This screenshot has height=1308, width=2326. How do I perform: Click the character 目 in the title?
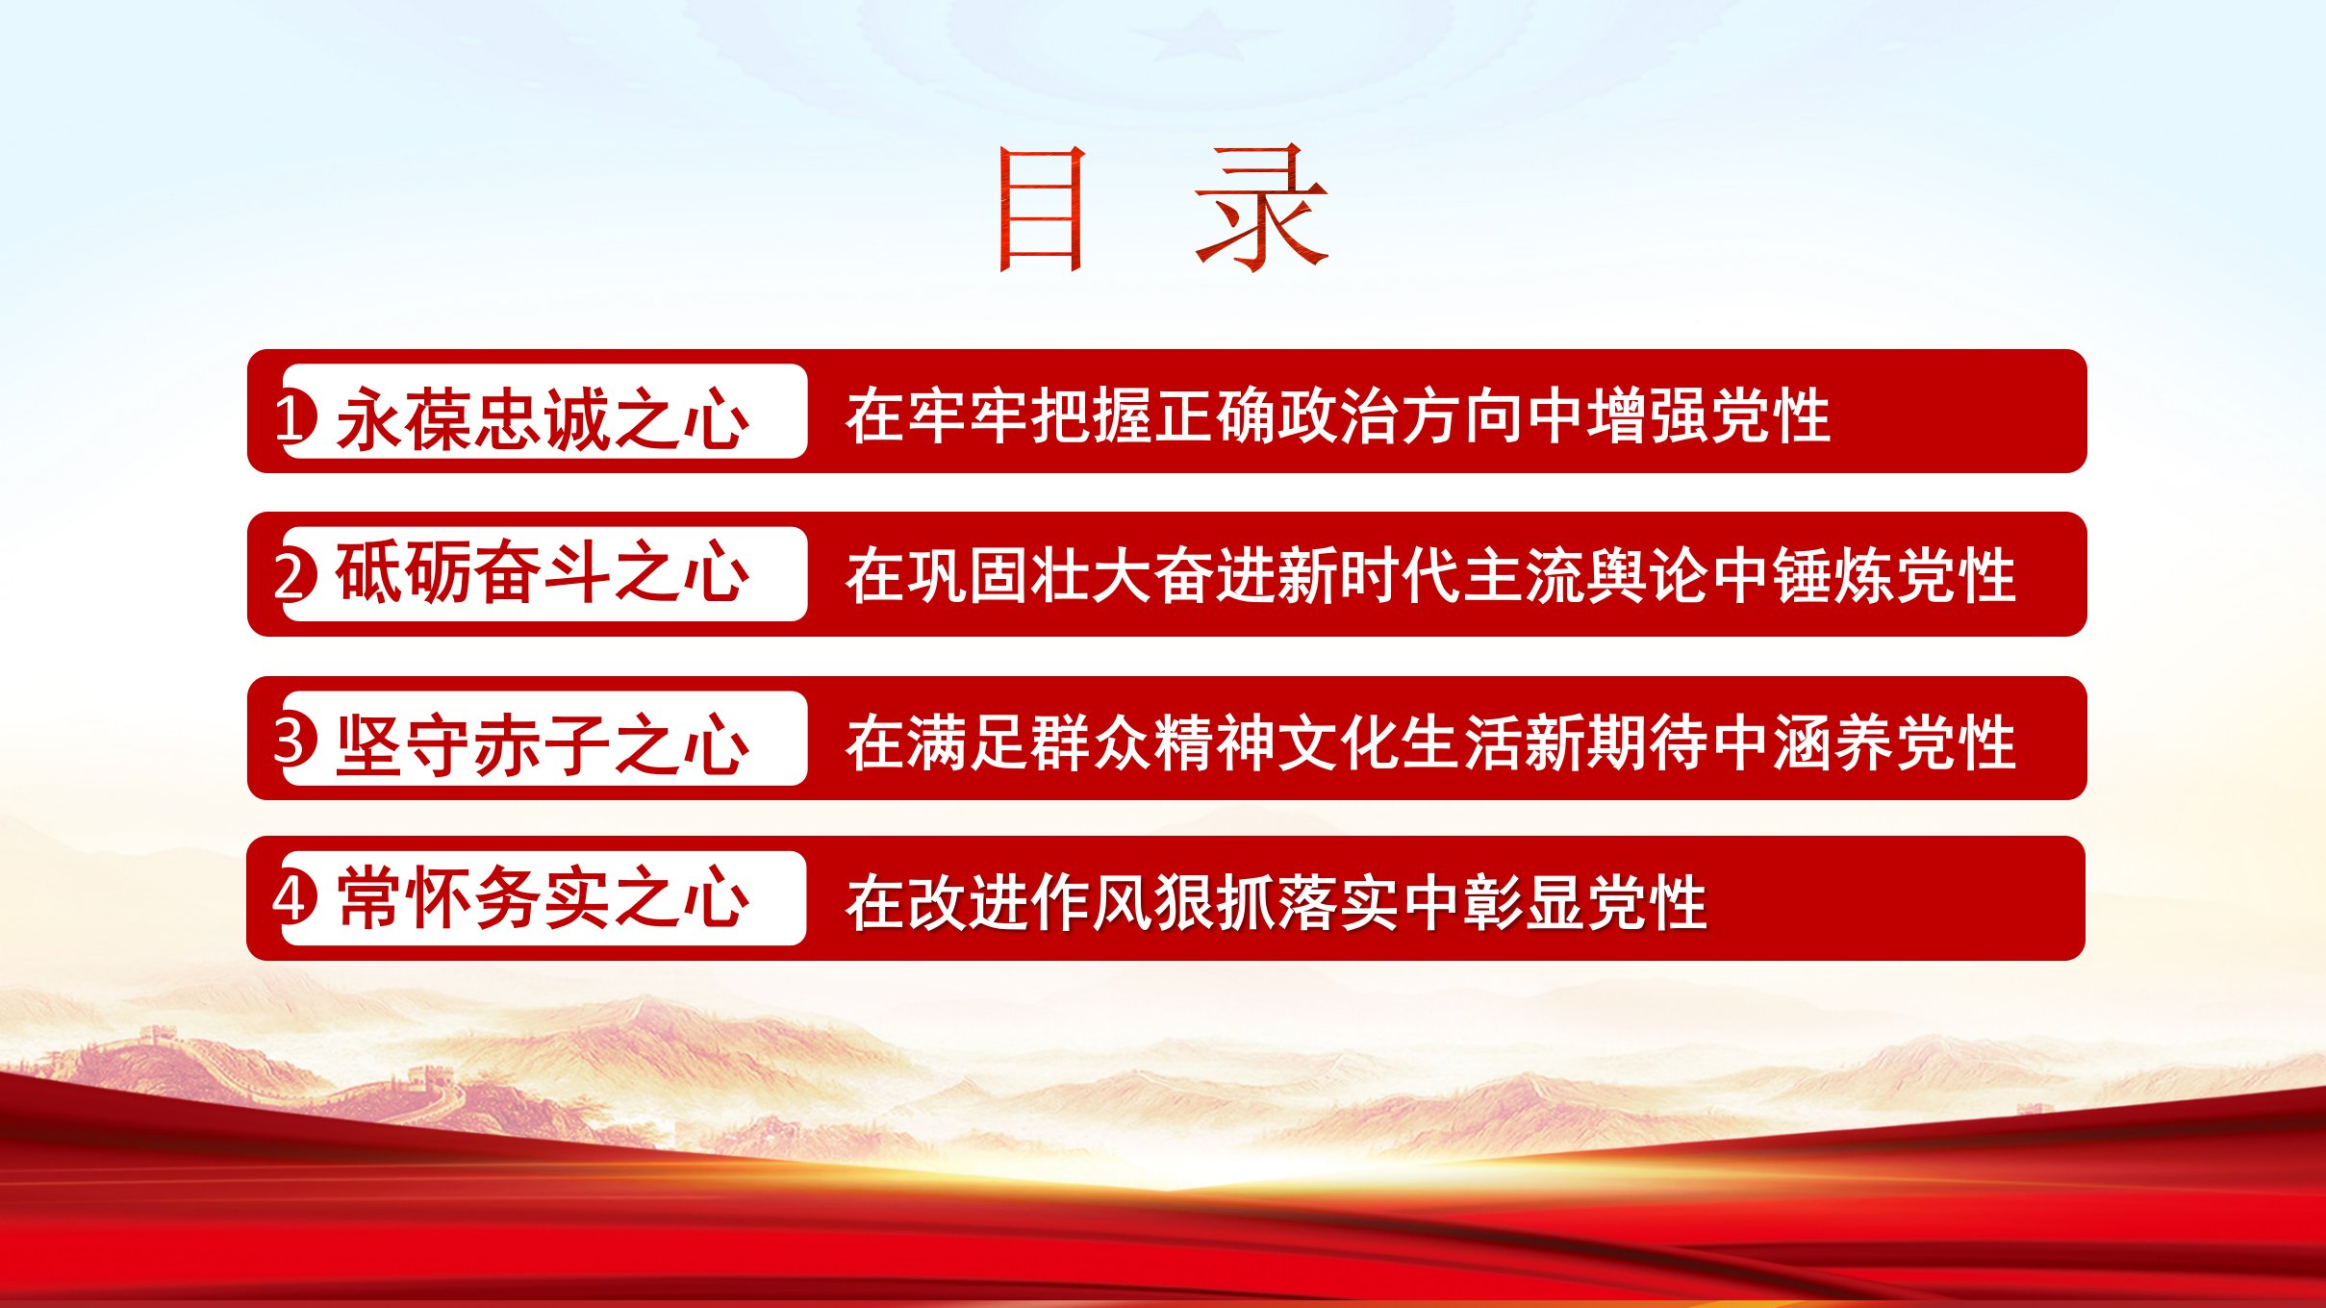click(x=1043, y=209)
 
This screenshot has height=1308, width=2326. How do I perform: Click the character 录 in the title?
click(x=1262, y=209)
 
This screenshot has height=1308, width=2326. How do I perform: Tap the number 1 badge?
click(x=296, y=417)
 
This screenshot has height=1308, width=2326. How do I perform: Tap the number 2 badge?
click(x=295, y=575)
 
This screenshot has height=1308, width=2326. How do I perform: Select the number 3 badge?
click(x=295, y=741)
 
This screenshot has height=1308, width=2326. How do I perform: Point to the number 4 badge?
click(x=294, y=899)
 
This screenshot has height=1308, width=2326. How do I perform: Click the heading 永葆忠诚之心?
click(x=543, y=418)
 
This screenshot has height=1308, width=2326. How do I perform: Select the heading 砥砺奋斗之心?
click(x=543, y=573)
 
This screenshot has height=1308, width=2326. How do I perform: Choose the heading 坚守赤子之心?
click(x=543, y=744)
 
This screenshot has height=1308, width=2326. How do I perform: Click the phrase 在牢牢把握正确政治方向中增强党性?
click(x=1338, y=416)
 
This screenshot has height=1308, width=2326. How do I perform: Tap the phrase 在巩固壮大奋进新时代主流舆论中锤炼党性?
click(x=1430, y=575)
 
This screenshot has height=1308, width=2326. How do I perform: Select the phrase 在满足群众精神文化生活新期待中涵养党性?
click(x=1430, y=742)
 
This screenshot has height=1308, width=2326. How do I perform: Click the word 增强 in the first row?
click(x=1646, y=416)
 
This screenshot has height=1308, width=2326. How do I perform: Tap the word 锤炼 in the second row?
click(x=1832, y=575)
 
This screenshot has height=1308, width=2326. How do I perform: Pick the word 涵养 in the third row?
click(x=1832, y=742)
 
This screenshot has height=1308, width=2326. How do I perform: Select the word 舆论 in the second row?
click(x=1646, y=575)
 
